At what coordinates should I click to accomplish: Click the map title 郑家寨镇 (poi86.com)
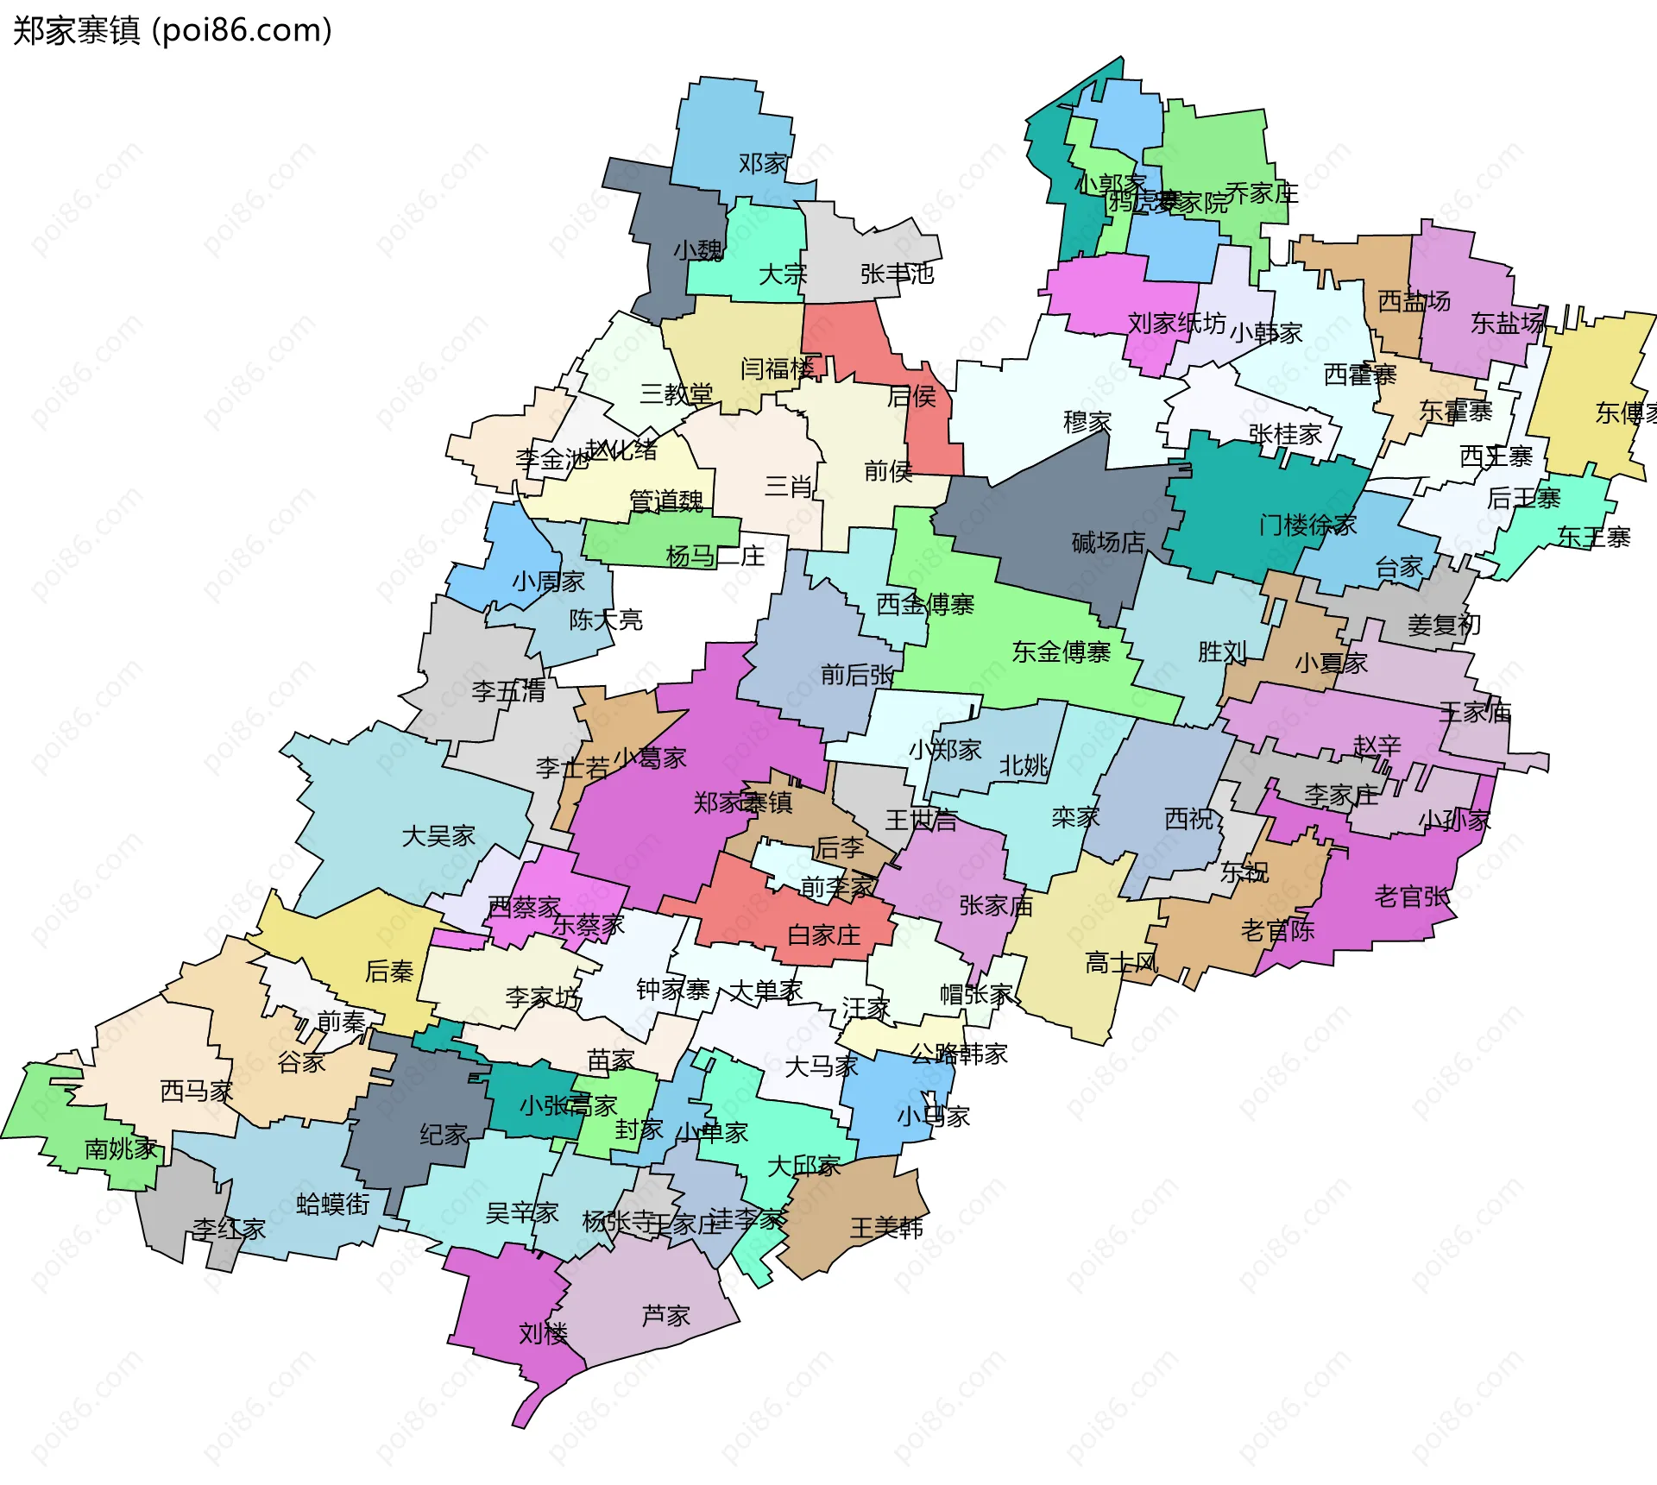172,30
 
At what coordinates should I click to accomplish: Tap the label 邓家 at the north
763,163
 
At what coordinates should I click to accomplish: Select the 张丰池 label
897,274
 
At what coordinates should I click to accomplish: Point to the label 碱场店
1108,542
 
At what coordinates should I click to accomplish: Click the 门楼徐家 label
1307,525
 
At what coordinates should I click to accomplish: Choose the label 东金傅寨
1061,651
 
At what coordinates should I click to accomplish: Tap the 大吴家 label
438,835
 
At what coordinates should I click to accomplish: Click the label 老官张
1412,897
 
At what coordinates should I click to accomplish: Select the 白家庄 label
823,934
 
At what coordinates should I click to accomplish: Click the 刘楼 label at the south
543,1333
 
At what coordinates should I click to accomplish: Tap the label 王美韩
886,1227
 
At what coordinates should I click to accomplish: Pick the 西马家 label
197,1091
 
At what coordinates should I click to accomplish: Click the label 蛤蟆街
332,1204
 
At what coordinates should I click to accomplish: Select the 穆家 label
1087,422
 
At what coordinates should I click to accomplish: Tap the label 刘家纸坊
1176,323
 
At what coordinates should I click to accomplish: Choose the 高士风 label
1121,962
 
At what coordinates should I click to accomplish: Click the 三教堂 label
676,393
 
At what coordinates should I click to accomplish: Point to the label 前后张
857,674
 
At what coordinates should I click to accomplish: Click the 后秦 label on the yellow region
389,972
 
